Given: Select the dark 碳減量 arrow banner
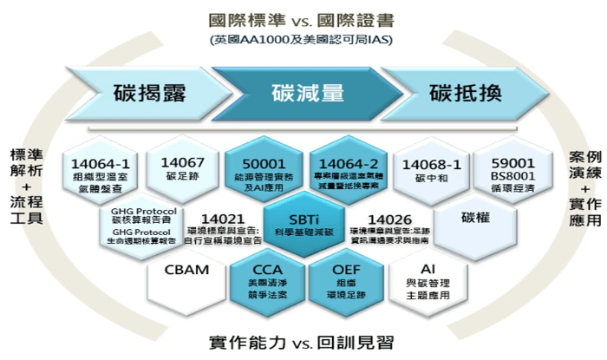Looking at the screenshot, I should click(308, 93).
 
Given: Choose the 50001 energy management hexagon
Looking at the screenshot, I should click(255, 167).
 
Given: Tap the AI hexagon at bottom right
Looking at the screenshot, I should click(427, 278).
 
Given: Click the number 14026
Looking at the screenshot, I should click(385, 219).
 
